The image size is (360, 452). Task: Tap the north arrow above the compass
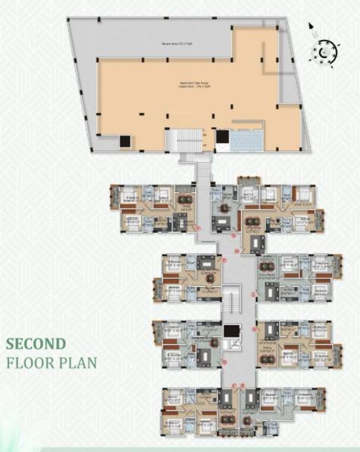(x=313, y=29)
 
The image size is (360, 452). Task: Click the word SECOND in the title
(x=35, y=344)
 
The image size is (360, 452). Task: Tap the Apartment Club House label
(x=188, y=82)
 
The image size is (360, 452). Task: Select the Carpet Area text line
(x=188, y=87)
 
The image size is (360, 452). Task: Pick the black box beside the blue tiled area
(x=222, y=136)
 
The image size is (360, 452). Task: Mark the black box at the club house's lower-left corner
(x=126, y=141)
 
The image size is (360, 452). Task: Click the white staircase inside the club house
(x=184, y=139)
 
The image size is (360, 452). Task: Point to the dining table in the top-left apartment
(x=183, y=198)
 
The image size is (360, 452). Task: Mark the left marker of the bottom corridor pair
(x=233, y=386)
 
